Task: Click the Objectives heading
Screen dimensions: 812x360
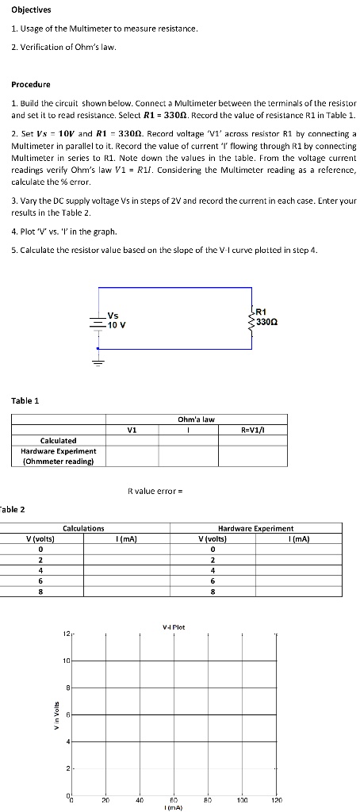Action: coord(31,10)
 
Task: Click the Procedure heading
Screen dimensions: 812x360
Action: coord(31,84)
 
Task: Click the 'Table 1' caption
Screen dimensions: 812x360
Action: coord(25,400)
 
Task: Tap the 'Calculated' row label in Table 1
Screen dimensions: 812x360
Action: coord(59,440)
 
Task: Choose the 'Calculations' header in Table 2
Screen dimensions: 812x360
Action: coord(82,527)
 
